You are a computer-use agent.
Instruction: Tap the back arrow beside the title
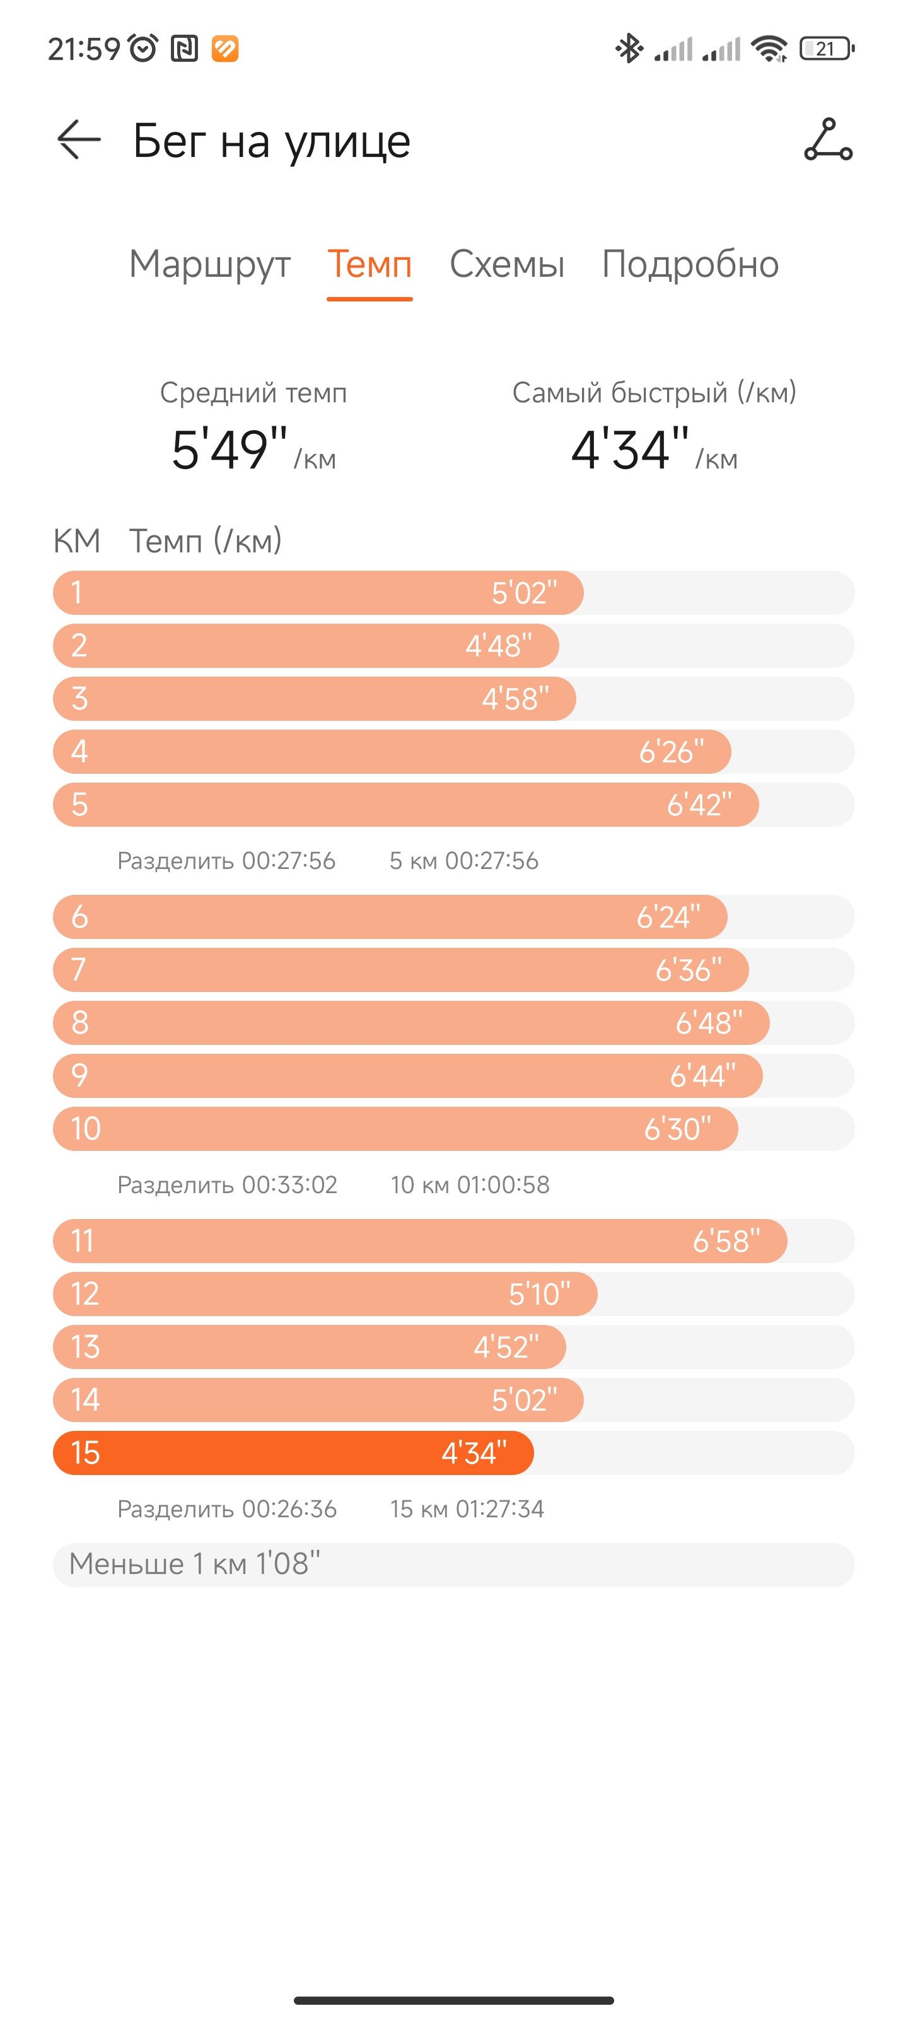(x=79, y=140)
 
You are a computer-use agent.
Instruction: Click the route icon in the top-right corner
(x=828, y=139)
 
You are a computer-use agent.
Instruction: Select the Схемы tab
(x=507, y=264)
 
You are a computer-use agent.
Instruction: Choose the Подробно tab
(x=690, y=265)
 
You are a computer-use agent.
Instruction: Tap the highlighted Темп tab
(x=370, y=264)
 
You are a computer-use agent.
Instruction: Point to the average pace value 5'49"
(x=230, y=449)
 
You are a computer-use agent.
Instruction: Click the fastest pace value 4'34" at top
(x=631, y=449)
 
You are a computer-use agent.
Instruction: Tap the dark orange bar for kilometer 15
(x=293, y=1452)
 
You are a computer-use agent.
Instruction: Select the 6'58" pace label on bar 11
(x=726, y=1241)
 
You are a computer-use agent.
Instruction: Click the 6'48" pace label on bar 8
(x=709, y=1022)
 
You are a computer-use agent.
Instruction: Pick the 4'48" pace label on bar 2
(x=498, y=646)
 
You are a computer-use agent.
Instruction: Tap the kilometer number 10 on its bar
(x=85, y=1129)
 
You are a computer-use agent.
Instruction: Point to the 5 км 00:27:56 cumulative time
(x=464, y=861)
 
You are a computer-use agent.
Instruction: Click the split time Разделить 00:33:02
(x=227, y=1184)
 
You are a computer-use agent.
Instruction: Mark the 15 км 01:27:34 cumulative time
(x=467, y=1509)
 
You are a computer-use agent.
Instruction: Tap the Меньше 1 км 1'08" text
(x=194, y=1564)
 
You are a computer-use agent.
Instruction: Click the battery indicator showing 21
(x=827, y=49)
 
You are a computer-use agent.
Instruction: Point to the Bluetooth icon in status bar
(x=628, y=49)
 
